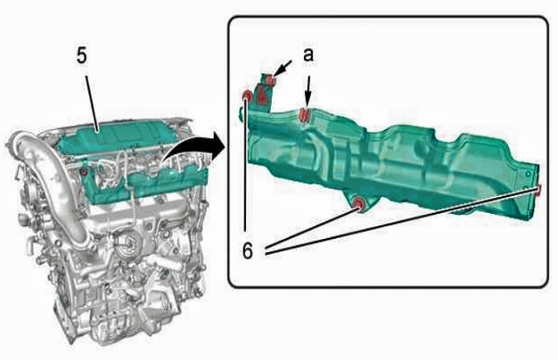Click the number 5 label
pos(82,56)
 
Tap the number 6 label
pos(248,250)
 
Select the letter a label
pos(308,55)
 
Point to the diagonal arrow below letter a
pos(283,69)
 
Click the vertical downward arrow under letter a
pos(308,92)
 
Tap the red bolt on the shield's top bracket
pos(270,80)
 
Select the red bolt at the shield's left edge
pos(246,95)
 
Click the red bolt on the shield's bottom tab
pos(358,203)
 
